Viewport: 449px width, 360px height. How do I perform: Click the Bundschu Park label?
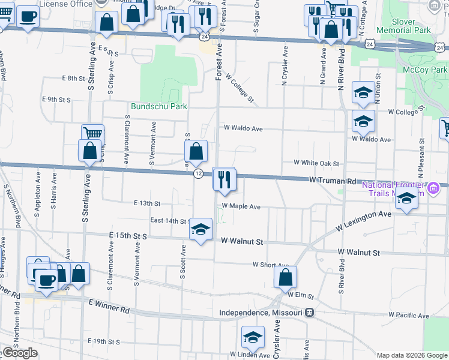pyautogui.click(x=159, y=107)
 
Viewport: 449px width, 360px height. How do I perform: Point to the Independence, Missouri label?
pyautogui.click(x=261, y=313)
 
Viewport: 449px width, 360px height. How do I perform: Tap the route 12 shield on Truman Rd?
pyautogui.click(x=197, y=173)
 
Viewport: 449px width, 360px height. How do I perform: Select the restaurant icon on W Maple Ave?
pyautogui.click(x=224, y=179)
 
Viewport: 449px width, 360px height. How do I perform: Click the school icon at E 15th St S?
pyautogui.click(x=200, y=229)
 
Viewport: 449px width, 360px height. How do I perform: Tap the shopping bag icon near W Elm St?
pyautogui.click(x=285, y=278)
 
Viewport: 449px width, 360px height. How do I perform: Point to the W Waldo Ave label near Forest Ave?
pyautogui.click(x=243, y=128)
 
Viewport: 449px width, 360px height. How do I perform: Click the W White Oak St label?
pyautogui.click(x=316, y=163)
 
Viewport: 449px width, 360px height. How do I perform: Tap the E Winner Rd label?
pyautogui.click(x=109, y=307)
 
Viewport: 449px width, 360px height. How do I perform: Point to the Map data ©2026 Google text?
pyautogui.click(x=412, y=355)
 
